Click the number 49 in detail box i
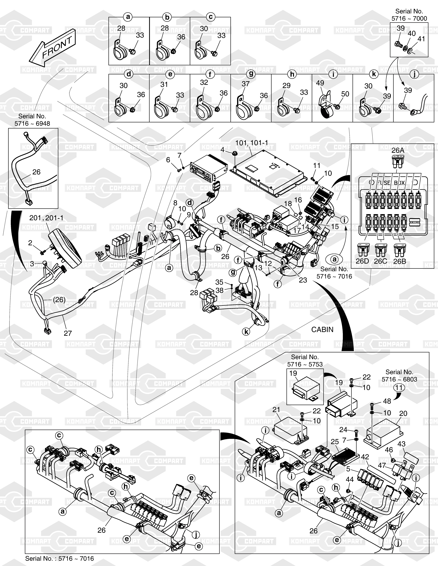320,83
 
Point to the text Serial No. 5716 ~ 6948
32,120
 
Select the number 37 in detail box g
245,84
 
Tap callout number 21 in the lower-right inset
276,409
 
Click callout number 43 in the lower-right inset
401,444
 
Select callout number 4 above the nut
222,150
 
